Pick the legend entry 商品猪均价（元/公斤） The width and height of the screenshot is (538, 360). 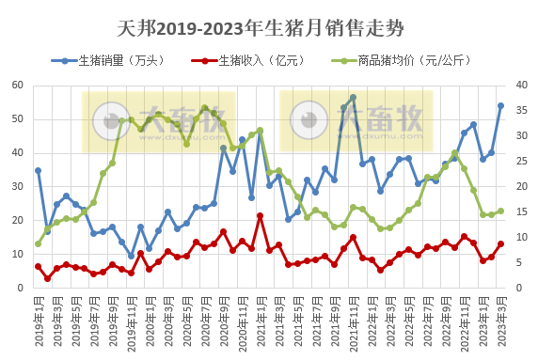(x=411, y=61)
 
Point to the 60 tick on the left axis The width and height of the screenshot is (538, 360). (x=18, y=86)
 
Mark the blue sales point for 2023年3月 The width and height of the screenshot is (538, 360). (x=500, y=106)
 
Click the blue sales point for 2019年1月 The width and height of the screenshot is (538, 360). (x=38, y=171)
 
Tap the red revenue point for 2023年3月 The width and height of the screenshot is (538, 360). (x=500, y=244)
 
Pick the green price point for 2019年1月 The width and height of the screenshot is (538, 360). (x=38, y=243)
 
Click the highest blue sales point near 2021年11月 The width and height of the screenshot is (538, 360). (x=353, y=98)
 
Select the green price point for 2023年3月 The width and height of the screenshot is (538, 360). (x=500, y=211)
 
